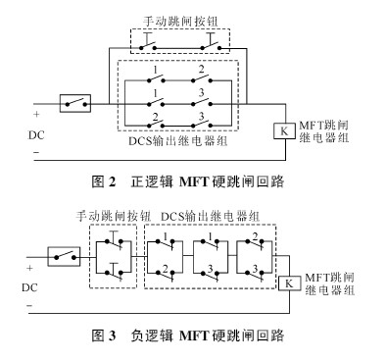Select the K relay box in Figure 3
(x=289, y=283)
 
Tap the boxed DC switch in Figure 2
(x=75, y=101)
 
